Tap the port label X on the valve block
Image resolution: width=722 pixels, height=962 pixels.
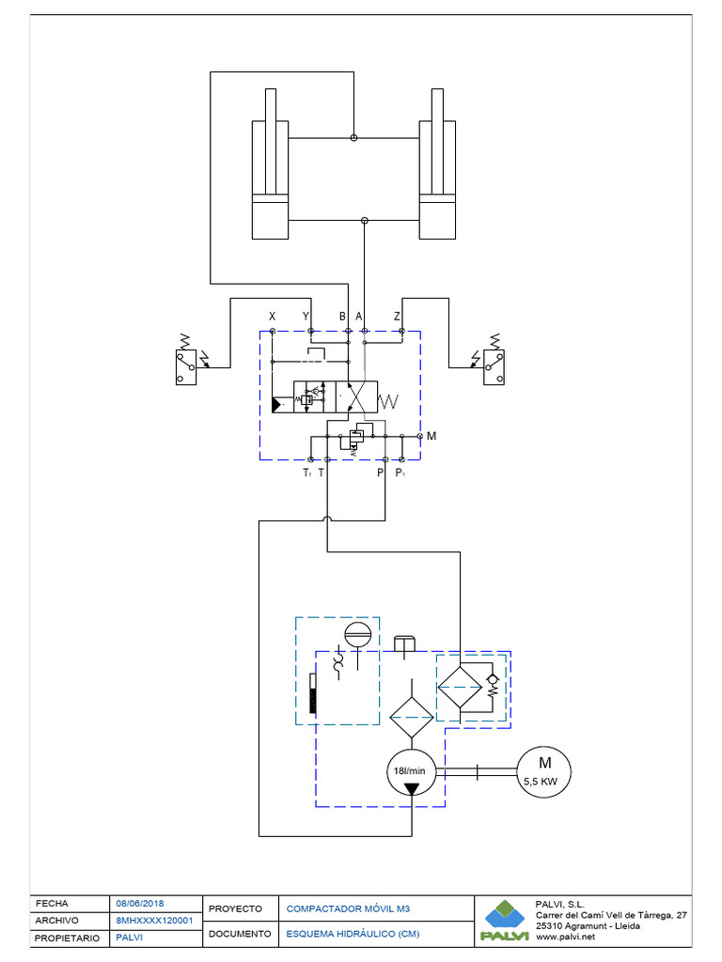coord(272,316)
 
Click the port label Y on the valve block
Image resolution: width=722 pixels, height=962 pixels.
coord(306,316)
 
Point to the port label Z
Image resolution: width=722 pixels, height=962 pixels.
coord(398,316)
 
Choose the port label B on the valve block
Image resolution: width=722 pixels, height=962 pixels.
coord(343,316)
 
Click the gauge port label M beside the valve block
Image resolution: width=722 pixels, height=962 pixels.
coord(432,436)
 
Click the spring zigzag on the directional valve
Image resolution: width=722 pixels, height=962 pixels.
coord(388,402)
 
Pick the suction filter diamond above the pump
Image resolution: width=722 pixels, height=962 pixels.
coord(412,721)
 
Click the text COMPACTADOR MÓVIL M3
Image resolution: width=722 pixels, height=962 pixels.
coord(348,909)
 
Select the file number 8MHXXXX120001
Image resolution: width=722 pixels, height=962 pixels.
coord(154,920)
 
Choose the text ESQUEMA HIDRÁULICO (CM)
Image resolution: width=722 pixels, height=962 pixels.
coord(353,934)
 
